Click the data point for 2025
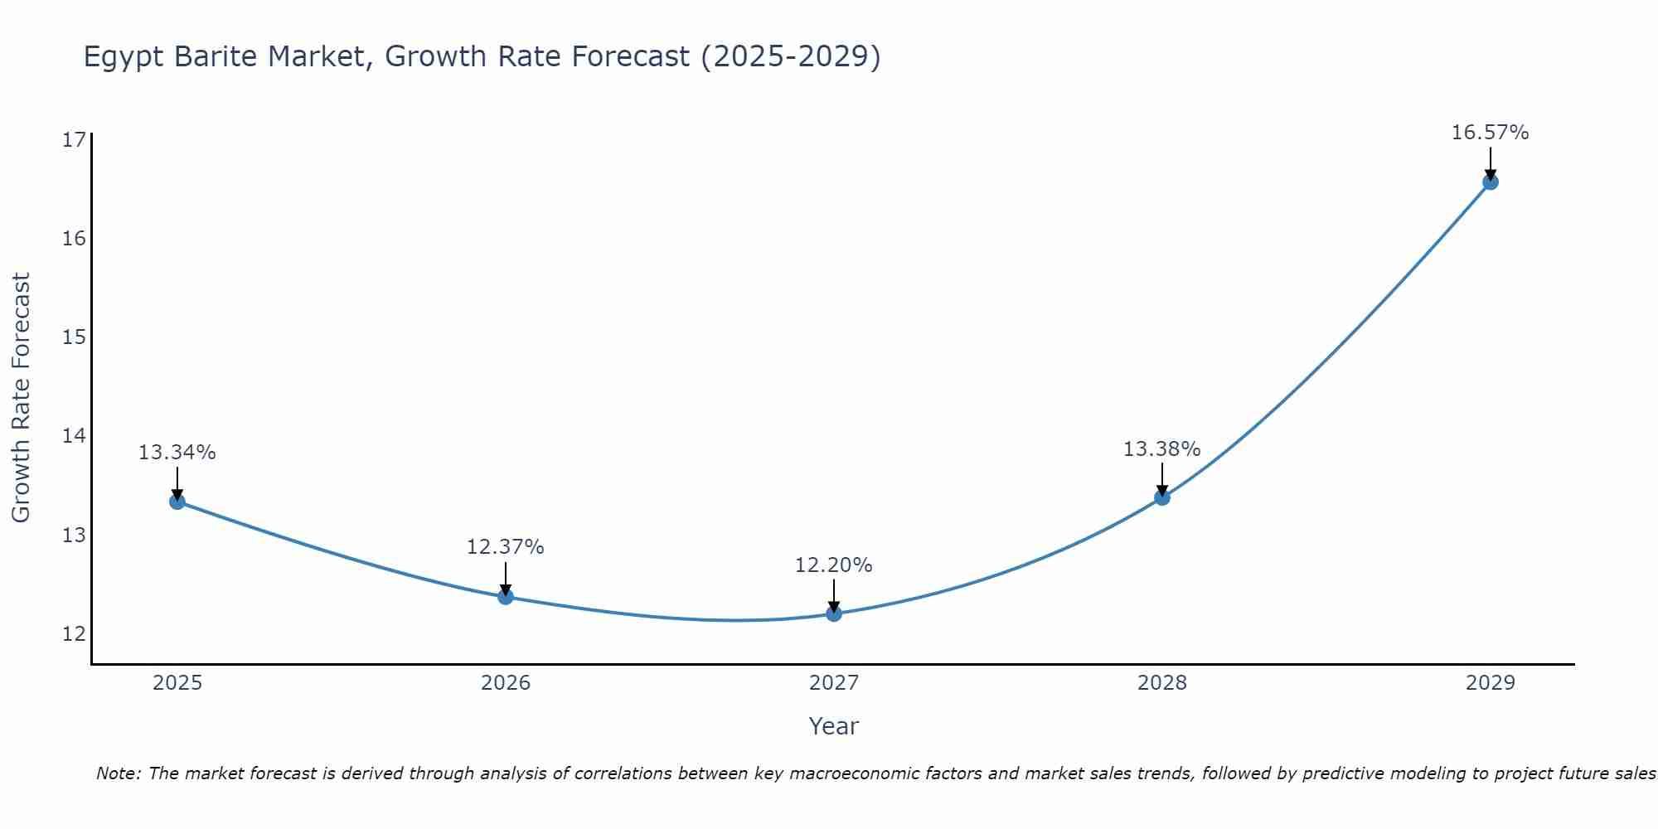pyautogui.click(x=177, y=502)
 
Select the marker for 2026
pyautogui.click(x=505, y=597)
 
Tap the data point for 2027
pyautogui.click(x=833, y=613)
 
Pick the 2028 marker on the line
pyautogui.click(x=1161, y=497)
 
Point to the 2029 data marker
pyautogui.click(x=1490, y=182)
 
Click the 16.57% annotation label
pyautogui.click(x=1490, y=133)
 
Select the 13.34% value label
pyautogui.click(x=177, y=453)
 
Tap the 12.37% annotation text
pyautogui.click(x=505, y=547)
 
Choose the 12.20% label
pyautogui.click(x=833, y=565)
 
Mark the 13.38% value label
pyautogui.click(x=1161, y=449)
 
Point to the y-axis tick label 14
pyautogui.click(x=74, y=436)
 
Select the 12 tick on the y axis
pyautogui.click(x=74, y=634)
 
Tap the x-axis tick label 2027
pyautogui.click(x=833, y=683)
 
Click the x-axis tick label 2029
pyautogui.click(x=1490, y=683)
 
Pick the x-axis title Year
pyautogui.click(x=833, y=726)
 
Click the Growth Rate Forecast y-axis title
pyautogui.click(x=21, y=398)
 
